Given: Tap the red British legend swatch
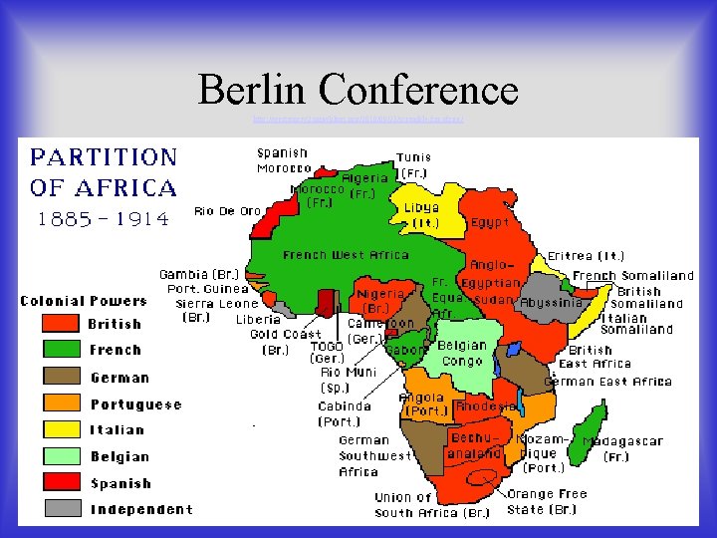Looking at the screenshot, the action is [x=60, y=323].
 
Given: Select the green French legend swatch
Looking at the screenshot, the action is [x=60, y=350].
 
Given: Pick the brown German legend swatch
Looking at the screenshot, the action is [x=60, y=377].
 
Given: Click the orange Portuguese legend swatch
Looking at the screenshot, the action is [x=60, y=403].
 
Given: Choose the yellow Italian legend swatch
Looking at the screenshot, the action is [x=60, y=429].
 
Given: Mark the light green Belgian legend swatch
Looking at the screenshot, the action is [x=60, y=456].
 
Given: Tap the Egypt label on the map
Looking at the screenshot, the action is [x=491, y=222].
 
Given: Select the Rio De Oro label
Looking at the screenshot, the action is [x=228, y=210].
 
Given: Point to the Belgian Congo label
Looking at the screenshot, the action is [x=462, y=353].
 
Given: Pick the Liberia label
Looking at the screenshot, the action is [x=259, y=320].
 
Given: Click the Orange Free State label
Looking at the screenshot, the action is [x=547, y=501].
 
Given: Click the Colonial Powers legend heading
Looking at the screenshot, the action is [x=84, y=300].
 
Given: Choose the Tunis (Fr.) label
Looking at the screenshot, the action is [x=414, y=164].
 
